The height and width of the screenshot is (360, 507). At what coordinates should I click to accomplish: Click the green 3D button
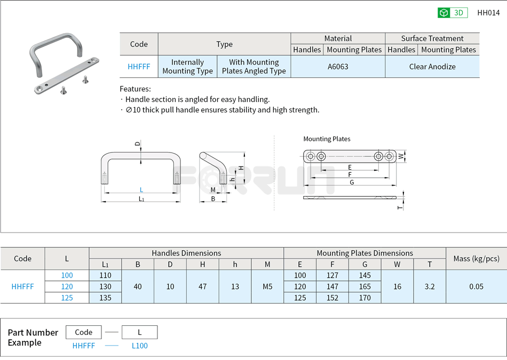point(453,13)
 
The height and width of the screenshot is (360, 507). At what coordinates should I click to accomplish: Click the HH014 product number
point(488,13)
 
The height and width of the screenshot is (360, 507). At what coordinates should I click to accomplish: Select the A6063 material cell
point(338,67)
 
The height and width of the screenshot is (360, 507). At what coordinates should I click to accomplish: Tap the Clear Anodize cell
point(432,67)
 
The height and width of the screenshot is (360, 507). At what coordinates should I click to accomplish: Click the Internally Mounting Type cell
point(187,67)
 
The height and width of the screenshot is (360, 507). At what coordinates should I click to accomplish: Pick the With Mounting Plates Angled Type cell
point(253,67)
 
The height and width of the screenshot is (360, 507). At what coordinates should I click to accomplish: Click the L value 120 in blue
point(67,286)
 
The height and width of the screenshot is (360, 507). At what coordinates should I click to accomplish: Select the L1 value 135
point(105,298)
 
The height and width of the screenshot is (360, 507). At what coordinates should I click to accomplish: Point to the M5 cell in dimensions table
point(267,286)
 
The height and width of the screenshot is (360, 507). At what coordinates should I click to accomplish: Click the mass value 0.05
point(476,286)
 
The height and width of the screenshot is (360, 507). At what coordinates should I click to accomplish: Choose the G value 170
point(365,298)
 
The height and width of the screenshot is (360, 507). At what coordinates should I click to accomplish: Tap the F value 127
point(332,275)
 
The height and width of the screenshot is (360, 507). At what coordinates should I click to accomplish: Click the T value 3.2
point(430,286)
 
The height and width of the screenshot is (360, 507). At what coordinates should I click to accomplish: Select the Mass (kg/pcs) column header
point(476,258)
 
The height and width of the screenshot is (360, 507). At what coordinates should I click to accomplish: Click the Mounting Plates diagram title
point(327,139)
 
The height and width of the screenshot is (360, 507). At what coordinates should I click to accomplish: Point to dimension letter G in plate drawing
point(352,182)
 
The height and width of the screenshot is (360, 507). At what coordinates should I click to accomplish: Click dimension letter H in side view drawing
point(241,167)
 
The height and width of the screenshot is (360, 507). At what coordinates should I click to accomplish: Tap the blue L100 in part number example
point(139,346)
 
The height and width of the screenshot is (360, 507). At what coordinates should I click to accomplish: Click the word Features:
point(135,89)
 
